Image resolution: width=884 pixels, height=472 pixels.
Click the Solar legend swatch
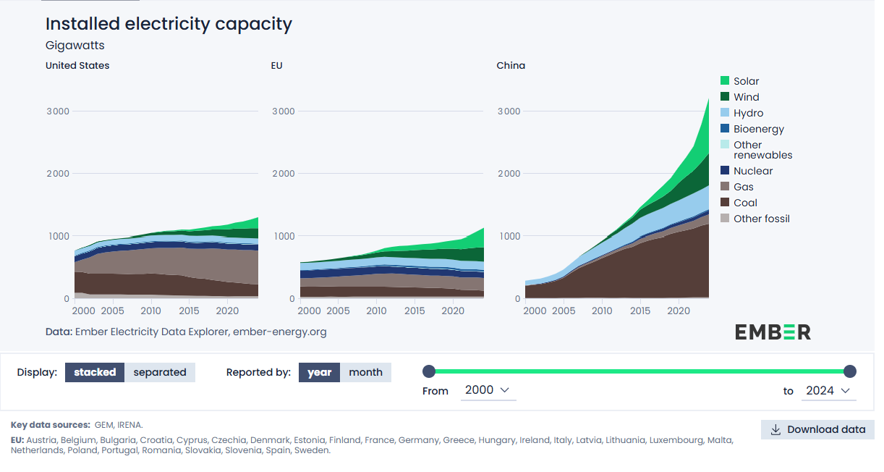point(725,81)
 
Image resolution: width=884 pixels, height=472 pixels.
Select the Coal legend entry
point(745,203)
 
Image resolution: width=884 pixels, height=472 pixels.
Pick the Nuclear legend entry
point(752,171)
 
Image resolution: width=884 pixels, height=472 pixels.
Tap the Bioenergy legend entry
point(758,129)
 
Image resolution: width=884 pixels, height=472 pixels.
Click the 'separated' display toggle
point(160,372)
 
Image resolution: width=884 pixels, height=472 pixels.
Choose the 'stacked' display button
point(95,372)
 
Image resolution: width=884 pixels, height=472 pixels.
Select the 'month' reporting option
point(365,372)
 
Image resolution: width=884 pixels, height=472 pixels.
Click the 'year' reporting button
point(319,372)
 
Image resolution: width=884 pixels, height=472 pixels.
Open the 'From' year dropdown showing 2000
point(488,390)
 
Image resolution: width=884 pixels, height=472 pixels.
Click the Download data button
point(817,429)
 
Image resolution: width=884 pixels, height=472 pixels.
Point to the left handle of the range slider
point(429,371)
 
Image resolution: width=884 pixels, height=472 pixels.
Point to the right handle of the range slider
point(850,371)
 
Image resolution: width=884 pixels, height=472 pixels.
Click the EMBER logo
point(773,332)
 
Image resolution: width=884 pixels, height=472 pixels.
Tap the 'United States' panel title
point(77,65)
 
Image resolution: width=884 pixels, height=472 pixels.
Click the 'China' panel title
point(511,65)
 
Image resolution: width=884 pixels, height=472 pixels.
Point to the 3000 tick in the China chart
point(509,111)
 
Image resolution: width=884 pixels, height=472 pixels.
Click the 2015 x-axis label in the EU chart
point(415,311)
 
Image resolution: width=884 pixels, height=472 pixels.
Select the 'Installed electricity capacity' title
point(169,23)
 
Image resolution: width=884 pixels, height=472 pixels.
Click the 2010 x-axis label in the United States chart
point(150,311)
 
